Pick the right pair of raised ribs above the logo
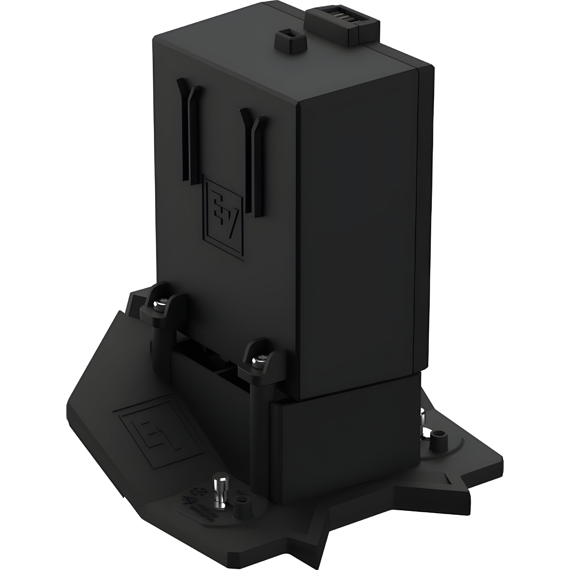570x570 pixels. coord(252,161)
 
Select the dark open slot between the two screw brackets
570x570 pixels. coord(207,354)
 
